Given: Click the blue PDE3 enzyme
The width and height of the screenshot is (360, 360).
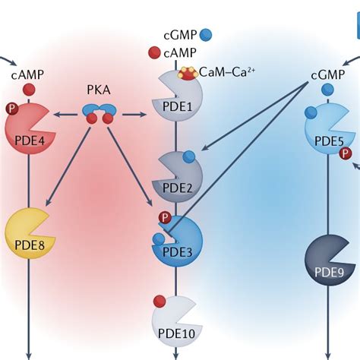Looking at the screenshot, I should click(x=175, y=241).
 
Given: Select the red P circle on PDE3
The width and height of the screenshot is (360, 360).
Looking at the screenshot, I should click(x=164, y=219).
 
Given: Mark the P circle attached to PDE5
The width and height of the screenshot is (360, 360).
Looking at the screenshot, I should click(x=346, y=154).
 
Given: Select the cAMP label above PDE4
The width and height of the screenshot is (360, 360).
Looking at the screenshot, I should click(x=27, y=74).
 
